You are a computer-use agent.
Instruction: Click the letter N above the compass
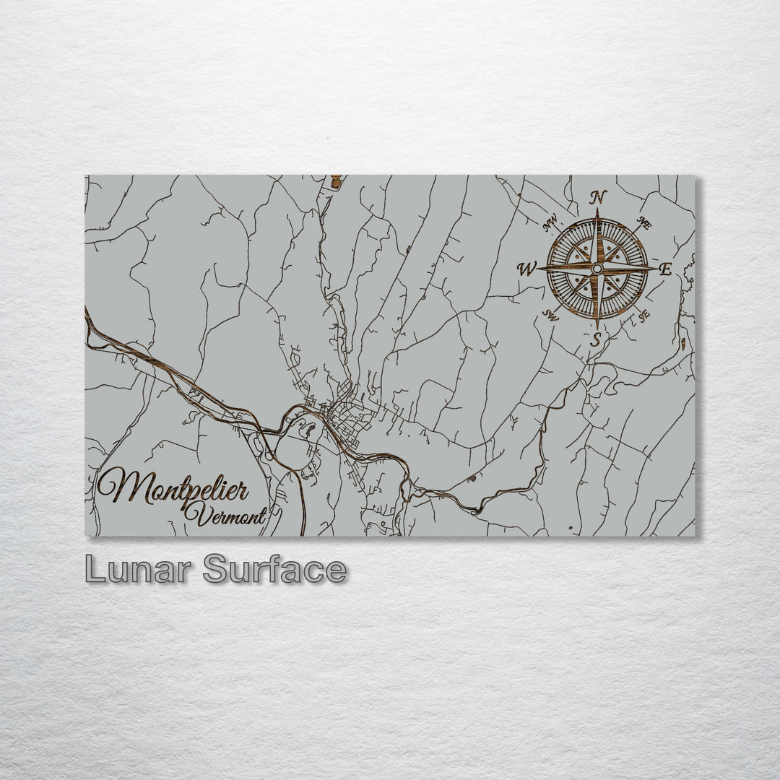[x=598, y=197]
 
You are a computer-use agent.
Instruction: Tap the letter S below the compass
[x=596, y=339]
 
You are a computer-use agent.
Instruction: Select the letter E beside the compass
[x=666, y=270]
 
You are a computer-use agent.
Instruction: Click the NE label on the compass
[x=644, y=224]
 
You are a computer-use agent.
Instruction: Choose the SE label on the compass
[x=643, y=316]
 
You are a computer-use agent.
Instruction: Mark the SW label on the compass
[x=552, y=316]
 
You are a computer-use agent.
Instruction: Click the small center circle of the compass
[x=597, y=269]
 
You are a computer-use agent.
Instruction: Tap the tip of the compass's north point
[x=597, y=210]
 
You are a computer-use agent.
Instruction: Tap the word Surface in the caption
[x=275, y=570]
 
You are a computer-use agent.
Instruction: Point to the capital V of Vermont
[x=191, y=514]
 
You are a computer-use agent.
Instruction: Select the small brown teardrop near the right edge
[x=682, y=337]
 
